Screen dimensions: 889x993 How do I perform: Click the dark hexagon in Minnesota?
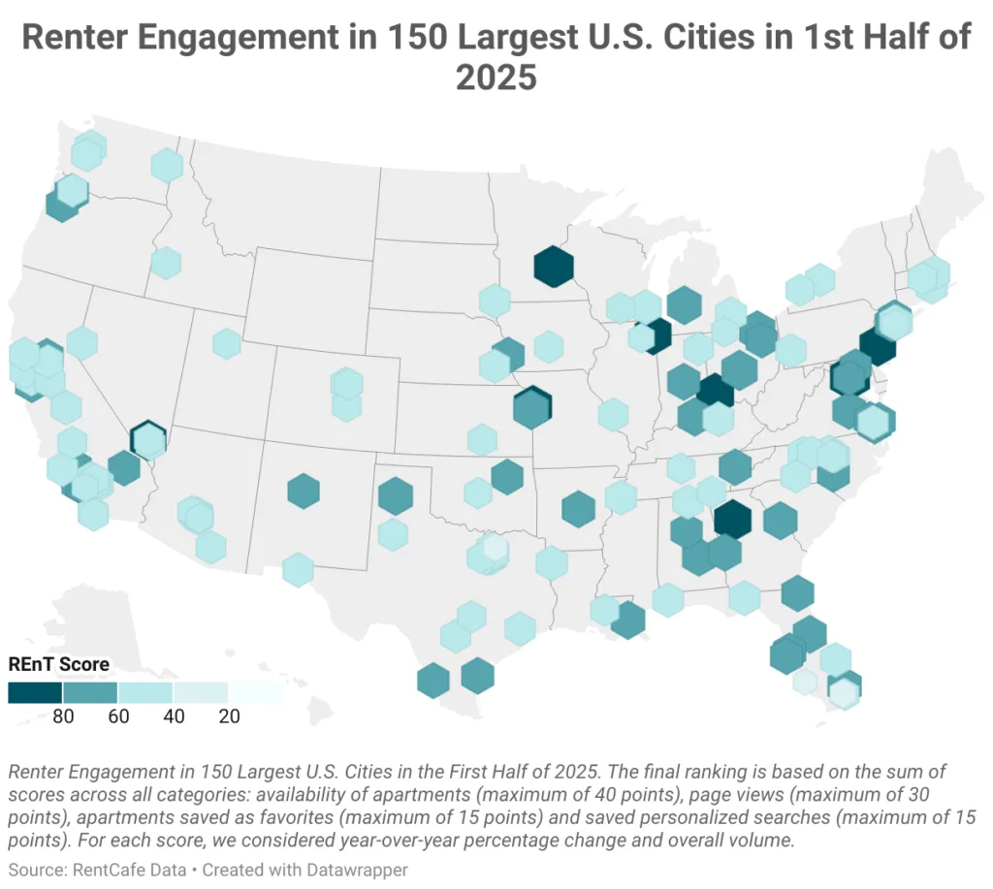tap(553, 267)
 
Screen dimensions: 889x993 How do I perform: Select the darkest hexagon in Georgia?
tap(732, 519)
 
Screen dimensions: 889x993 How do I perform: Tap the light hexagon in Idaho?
tap(166, 263)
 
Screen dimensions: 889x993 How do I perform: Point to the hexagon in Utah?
tap(226, 343)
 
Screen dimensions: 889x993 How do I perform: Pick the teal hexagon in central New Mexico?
tap(304, 491)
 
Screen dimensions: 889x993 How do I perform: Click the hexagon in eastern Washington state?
tap(167, 165)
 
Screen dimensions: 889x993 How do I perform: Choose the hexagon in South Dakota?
tap(494, 301)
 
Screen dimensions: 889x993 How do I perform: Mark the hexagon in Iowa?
tap(548, 346)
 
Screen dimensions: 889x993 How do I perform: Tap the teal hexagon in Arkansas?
tap(578, 509)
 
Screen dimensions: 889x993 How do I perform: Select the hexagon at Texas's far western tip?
tap(298, 569)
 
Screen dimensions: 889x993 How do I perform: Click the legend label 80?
tap(63, 717)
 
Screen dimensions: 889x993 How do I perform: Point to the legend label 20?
tap(229, 717)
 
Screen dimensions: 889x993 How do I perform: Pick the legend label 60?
tap(118, 717)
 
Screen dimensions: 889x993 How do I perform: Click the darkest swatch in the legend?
tap(35, 692)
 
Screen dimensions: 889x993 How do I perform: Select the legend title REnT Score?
tap(58, 664)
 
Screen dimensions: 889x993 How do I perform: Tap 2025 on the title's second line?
tap(496, 77)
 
